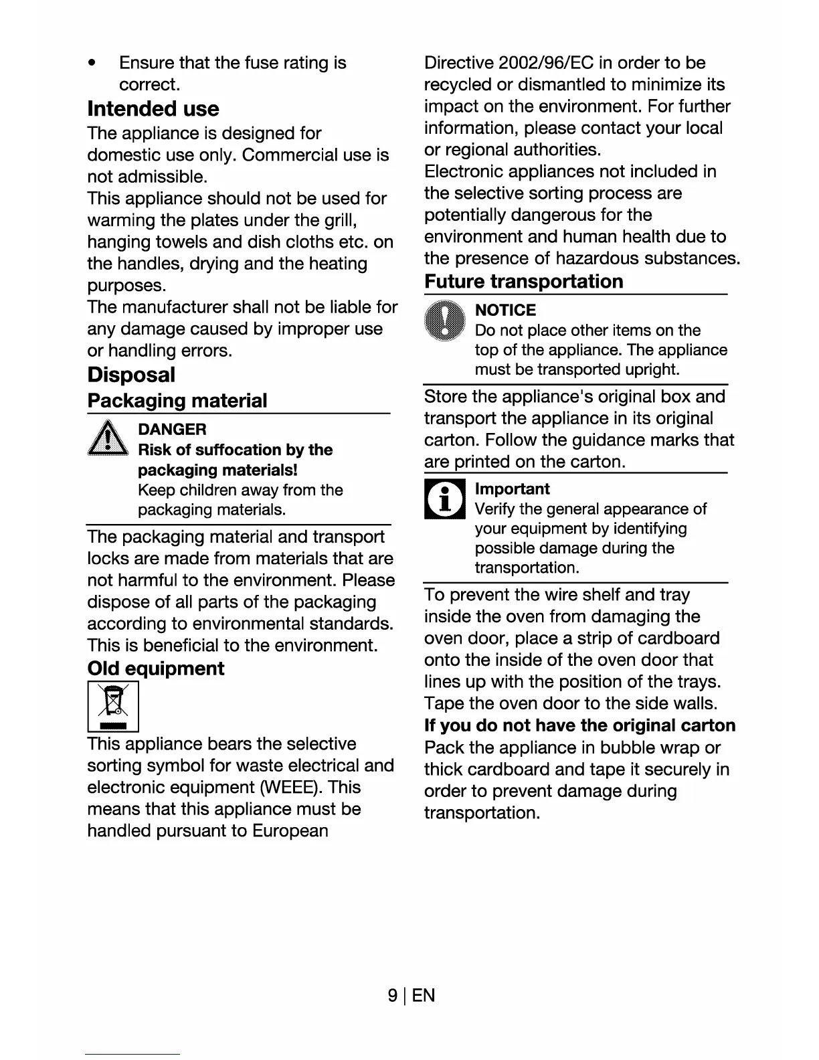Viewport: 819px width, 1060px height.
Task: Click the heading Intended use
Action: [153, 108]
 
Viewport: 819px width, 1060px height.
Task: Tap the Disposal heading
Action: [131, 375]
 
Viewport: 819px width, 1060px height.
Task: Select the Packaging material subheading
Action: [177, 401]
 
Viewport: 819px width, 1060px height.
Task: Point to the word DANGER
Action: [172, 430]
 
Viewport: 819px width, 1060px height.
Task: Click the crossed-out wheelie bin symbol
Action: [113, 705]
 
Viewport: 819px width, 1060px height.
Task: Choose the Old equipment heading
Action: [156, 669]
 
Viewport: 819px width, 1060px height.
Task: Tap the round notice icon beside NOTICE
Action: [444, 321]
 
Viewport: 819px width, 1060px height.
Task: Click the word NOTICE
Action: [505, 311]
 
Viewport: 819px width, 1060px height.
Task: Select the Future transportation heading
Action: [523, 282]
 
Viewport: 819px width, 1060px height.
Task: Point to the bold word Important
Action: [512, 489]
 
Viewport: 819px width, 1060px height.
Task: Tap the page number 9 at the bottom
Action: [393, 996]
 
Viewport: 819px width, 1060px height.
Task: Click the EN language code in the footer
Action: [424, 996]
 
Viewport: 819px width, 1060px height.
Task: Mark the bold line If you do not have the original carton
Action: [579, 726]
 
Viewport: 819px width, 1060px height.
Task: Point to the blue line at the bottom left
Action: [132, 1055]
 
